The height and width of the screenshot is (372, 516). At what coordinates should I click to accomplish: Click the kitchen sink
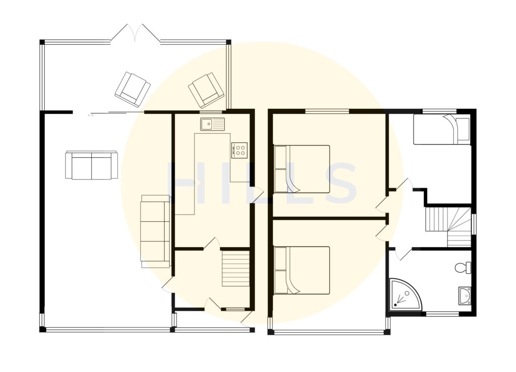pos(212,123)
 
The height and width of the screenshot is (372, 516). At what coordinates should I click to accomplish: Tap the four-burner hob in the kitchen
pos(239,150)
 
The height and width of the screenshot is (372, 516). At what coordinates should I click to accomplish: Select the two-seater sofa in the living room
pos(91,165)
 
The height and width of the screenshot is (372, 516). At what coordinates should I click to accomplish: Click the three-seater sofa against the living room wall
pos(155,231)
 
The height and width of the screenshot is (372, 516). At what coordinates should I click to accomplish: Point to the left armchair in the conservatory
pos(133,89)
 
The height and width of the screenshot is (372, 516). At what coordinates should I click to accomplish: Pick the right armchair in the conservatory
pos(206,90)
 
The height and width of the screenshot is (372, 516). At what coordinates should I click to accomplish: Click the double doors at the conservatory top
pos(135,34)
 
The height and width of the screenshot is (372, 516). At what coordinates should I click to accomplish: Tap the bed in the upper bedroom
pos(301,169)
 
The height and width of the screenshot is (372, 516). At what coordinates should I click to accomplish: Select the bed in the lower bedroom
pos(301,270)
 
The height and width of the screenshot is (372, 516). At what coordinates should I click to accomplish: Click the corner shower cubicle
pos(405,294)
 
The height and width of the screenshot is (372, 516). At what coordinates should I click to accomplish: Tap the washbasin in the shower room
pos(464,296)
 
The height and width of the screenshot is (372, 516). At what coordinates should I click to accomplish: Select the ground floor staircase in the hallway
pos(236,268)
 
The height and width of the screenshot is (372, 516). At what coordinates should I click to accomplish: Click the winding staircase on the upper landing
pos(448,226)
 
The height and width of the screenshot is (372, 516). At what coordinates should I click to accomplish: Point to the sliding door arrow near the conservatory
pos(91,115)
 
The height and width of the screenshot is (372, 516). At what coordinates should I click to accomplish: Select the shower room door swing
pos(400,254)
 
